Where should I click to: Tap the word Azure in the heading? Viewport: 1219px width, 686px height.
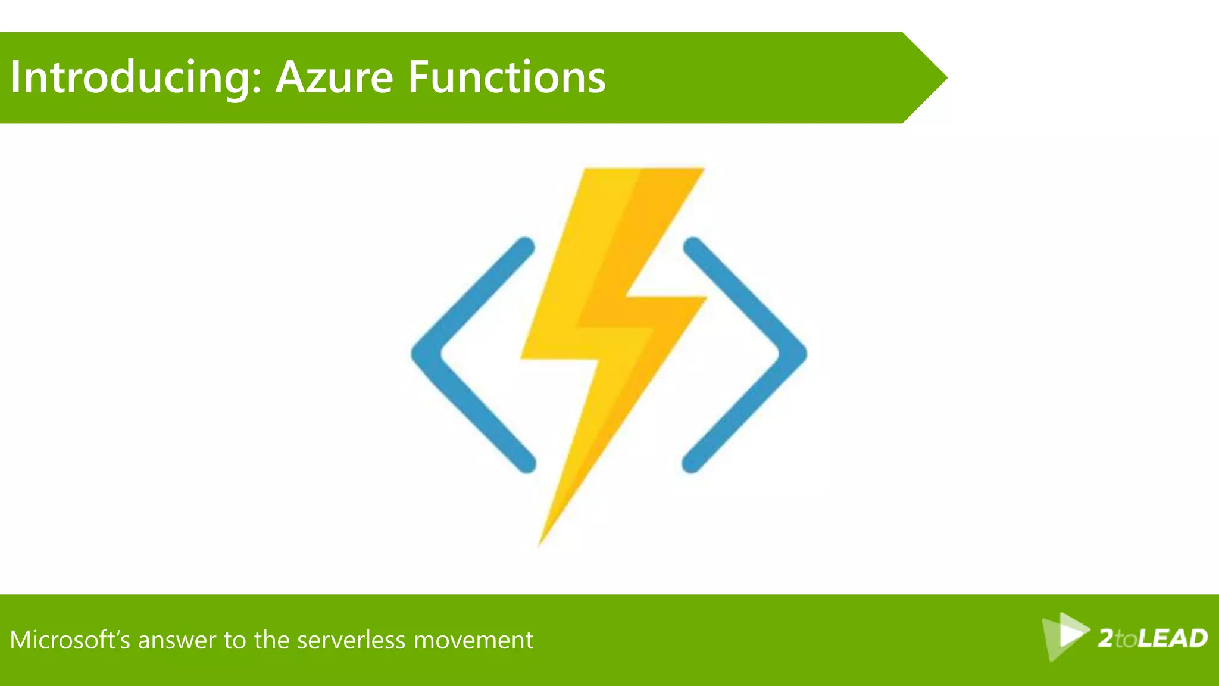(334, 78)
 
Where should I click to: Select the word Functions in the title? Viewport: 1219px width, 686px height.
(507, 78)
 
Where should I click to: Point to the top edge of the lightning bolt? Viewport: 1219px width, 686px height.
(643, 170)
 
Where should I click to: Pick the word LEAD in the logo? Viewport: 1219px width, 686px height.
(1173, 638)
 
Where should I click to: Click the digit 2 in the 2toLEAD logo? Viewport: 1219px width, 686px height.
(1106, 638)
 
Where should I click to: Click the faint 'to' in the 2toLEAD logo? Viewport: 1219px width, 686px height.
(1126, 640)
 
